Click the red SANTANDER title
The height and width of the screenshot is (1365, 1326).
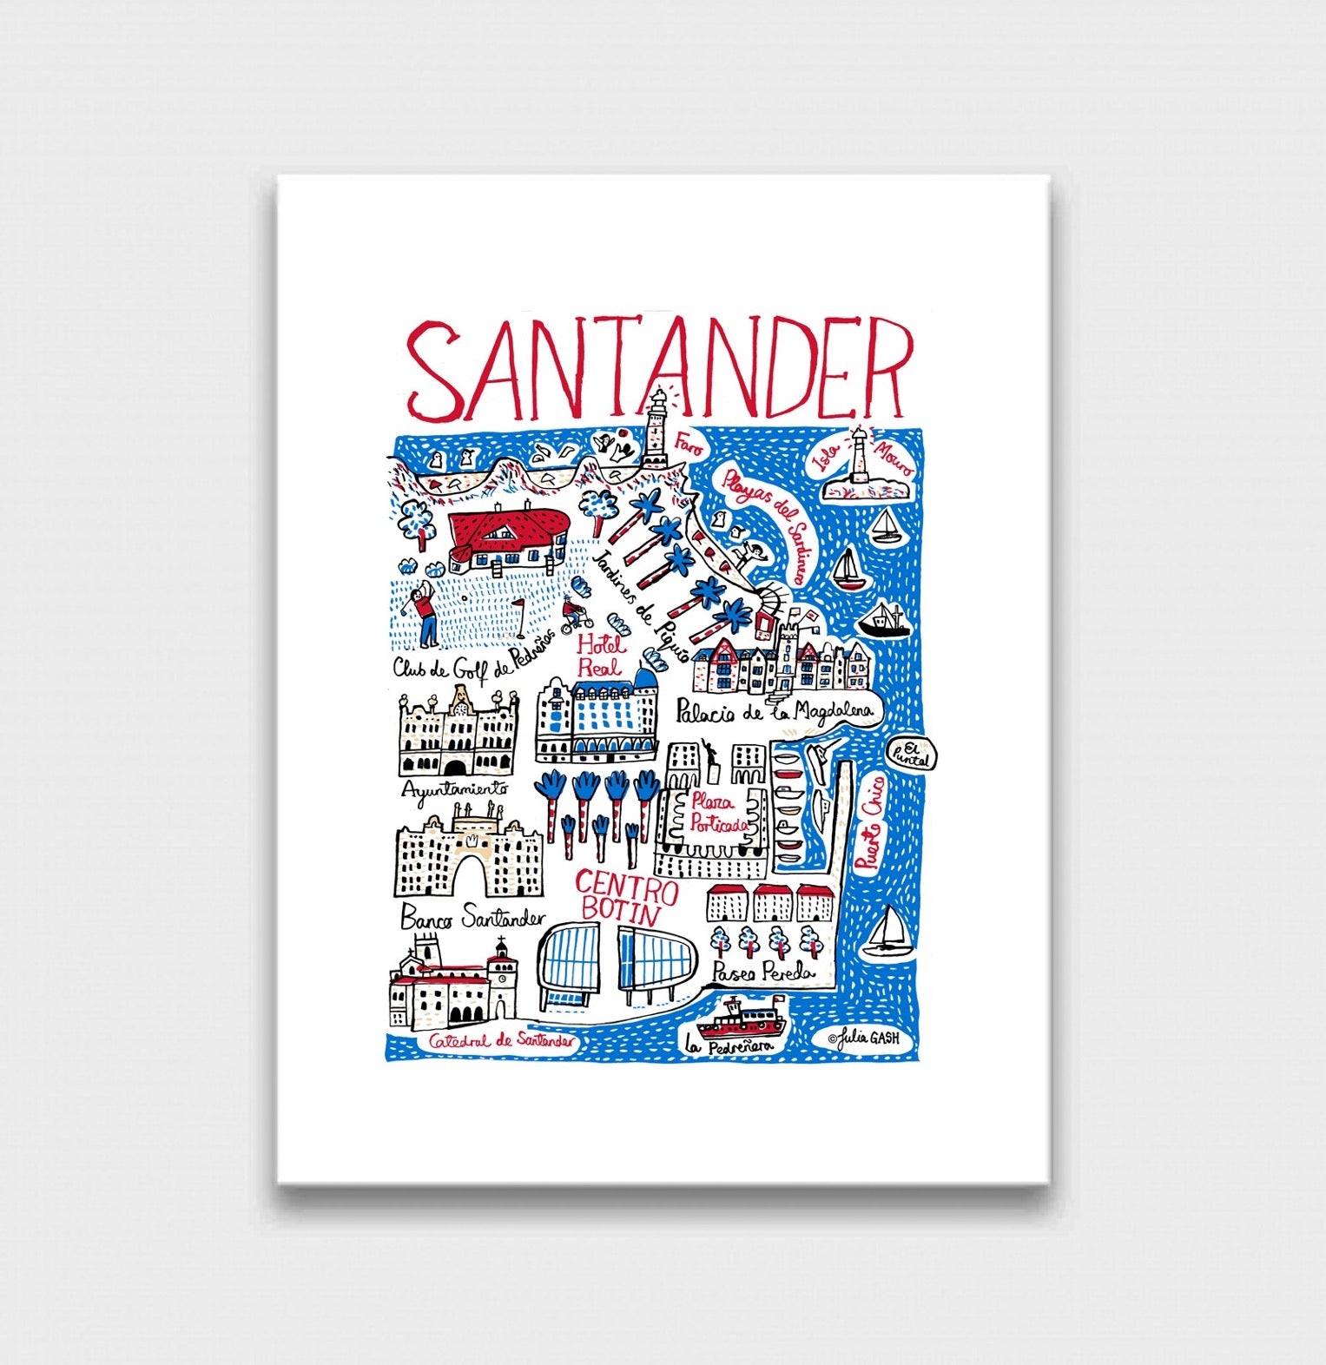pos(660,369)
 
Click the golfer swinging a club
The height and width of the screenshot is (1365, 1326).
pos(425,613)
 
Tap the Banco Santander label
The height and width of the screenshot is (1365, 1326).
pos(472,917)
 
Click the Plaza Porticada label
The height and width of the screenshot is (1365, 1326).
pos(717,814)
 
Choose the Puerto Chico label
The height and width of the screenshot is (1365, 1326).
pos(869,821)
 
